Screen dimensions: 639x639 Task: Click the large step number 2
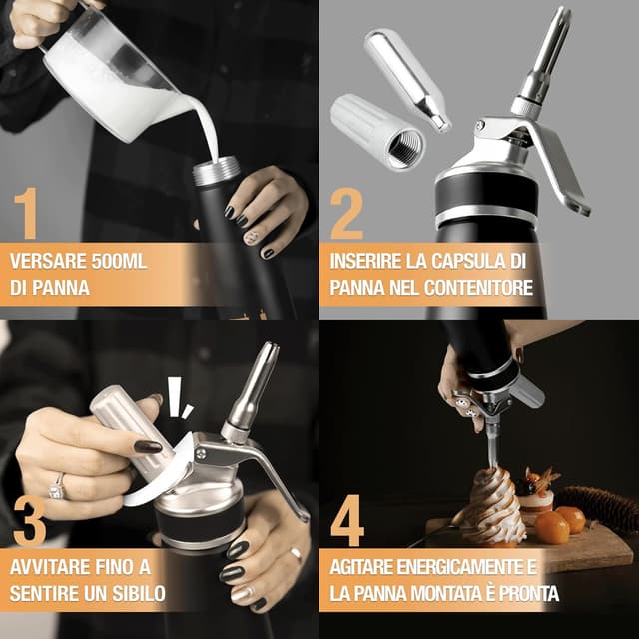pyautogui.click(x=347, y=213)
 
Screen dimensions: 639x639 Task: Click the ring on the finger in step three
pyautogui.click(x=57, y=486)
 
